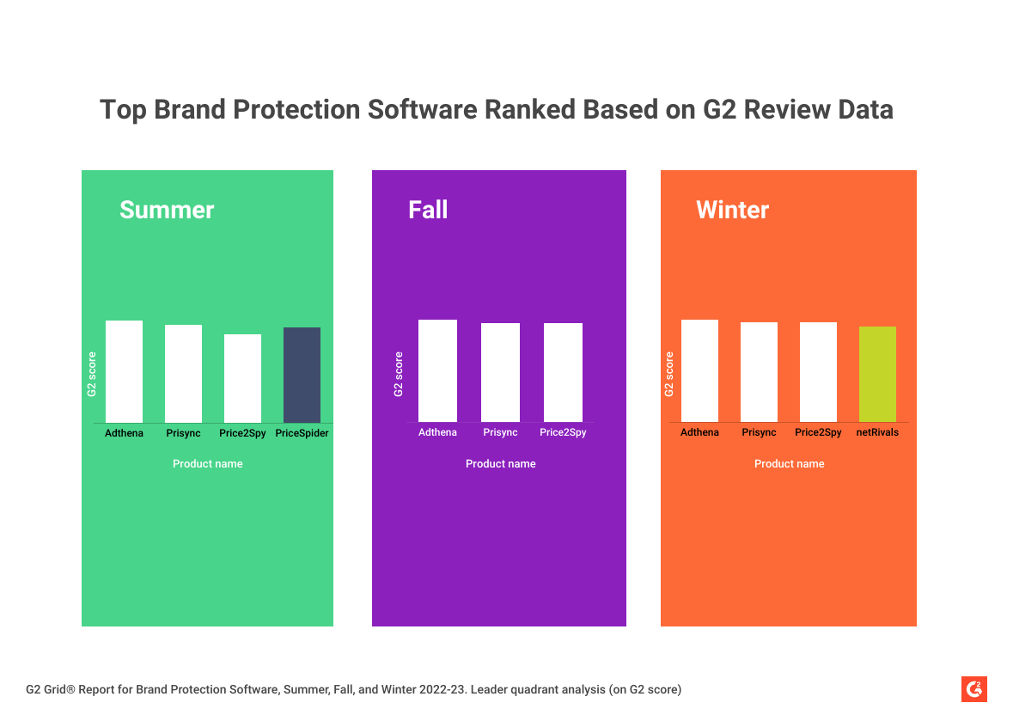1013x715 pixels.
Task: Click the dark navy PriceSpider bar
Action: pos(302,375)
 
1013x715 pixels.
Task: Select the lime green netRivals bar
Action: pos(877,374)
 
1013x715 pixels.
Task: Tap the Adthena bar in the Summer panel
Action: pos(124,371)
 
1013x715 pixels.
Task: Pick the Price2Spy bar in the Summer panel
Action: pos(242,378)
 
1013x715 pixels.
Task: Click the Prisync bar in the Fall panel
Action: pos(500,372)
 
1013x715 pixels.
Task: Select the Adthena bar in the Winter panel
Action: pos(699,370)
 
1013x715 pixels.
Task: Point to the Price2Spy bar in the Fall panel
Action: pos(563,372)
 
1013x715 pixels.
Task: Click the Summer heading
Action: pos(167,210)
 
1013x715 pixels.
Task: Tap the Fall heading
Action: pos(428,210)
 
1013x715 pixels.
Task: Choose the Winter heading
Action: pos(732,210)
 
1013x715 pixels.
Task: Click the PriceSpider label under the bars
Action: pos(302,433)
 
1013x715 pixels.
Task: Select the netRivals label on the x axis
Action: pos(877,432)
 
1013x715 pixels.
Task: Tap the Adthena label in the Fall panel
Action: pos(437,432)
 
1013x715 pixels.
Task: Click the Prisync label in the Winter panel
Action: pos(759,432)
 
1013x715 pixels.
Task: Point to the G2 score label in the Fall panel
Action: pos(398,374)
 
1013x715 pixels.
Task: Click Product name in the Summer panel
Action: pos(207,463)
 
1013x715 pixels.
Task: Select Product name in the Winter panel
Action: pos(789,463)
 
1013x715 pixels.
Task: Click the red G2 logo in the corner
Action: pos(974,689)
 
